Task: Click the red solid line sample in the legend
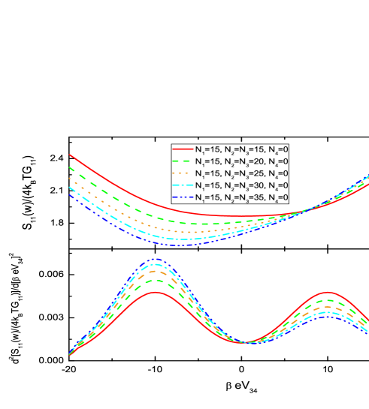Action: coord(182,149)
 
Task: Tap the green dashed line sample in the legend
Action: coord(182,161)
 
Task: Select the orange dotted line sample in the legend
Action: coord(182,173)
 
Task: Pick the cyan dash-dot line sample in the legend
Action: coord(182,185)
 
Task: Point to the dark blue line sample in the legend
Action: coord(182,197)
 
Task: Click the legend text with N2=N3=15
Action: coord(241,149)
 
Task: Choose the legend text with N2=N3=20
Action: coord(241,161)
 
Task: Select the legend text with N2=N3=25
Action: coord(241,173)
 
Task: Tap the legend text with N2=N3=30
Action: coord(241,185)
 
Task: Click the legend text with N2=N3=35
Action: coord(241,197)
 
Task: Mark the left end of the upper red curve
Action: coord(70,155)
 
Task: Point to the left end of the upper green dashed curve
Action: coord(70,168)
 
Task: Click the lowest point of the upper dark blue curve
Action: coord(177,245)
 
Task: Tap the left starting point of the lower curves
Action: coord(70,354)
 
